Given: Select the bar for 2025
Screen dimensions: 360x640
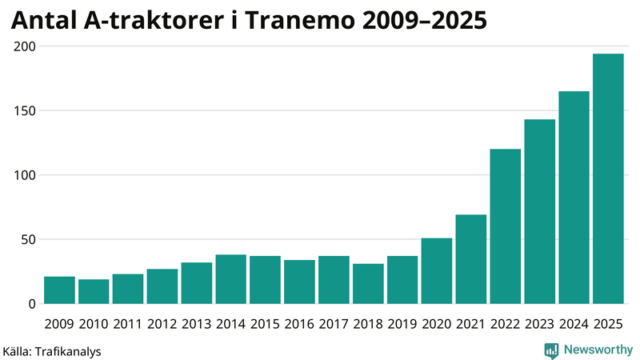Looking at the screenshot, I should pos(608,179).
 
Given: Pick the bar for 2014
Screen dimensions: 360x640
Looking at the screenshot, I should pos(230,279).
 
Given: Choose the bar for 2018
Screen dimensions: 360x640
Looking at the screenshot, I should pos(368,284).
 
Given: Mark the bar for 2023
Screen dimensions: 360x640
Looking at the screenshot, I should pos(539,211).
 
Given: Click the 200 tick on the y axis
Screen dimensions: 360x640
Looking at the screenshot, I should pos(25,46).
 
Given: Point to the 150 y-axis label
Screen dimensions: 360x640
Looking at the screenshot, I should pos(25,110).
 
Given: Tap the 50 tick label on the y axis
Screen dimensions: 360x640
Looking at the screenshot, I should pos(28,239).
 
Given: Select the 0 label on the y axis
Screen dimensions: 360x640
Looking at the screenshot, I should pos(32,304).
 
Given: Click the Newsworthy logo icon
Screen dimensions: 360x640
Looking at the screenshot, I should pos(551,350).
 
